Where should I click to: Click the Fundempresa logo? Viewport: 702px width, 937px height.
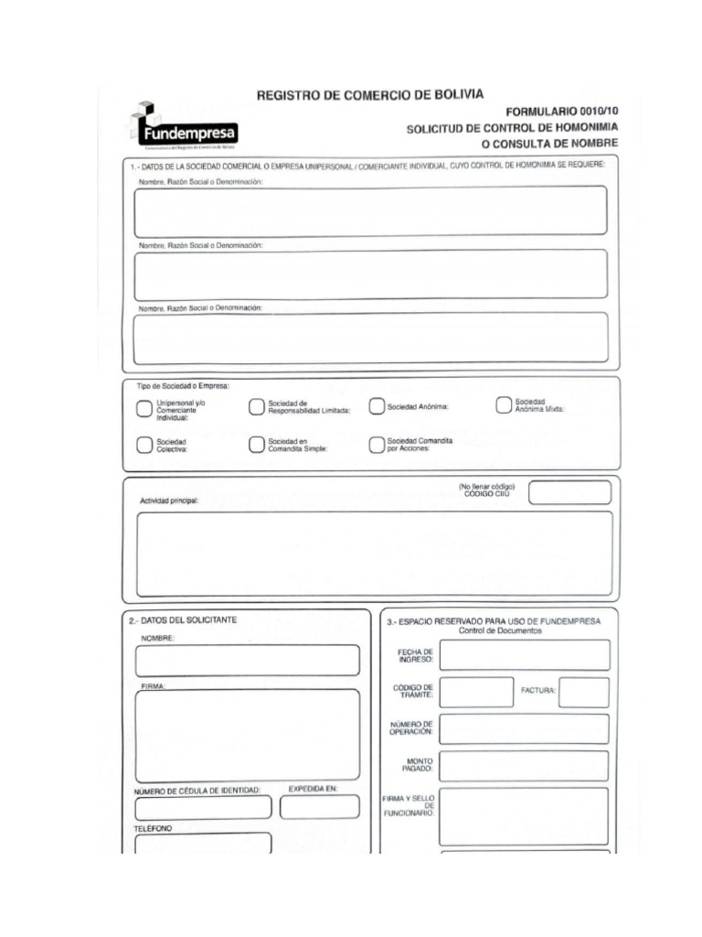pos(186,127)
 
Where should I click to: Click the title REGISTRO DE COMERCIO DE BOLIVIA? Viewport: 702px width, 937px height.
pos(370,94)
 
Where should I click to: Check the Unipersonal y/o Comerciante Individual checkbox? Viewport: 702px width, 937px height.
pos(144,409)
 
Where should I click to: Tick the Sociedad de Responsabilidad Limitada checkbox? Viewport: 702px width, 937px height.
pos(257,407)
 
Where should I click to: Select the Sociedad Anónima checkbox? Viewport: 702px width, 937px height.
pos(377,407)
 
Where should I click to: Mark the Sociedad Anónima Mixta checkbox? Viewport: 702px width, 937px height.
pos(504,405)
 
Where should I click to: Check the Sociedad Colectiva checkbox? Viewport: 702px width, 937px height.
pos(144,445)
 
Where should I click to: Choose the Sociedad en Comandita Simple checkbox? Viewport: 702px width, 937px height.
pos(257,445)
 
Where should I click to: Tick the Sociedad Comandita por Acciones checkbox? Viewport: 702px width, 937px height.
pos(377,445)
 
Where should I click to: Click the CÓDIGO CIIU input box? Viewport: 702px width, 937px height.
pos(569,492)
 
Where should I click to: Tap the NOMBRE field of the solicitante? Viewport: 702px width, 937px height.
pos(248,660)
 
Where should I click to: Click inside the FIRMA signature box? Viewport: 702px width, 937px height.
pos(248,735)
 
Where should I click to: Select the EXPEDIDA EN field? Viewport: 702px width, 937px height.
pos(320,807)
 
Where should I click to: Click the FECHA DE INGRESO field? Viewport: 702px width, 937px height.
pos(524,655)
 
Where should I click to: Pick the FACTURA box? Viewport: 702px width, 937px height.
pos(583,693)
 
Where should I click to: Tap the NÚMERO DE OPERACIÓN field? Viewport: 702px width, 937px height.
pos(524,729)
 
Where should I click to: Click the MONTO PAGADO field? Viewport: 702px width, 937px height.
pos(524,765)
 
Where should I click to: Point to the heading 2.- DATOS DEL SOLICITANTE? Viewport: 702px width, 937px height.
pos(183,620)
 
